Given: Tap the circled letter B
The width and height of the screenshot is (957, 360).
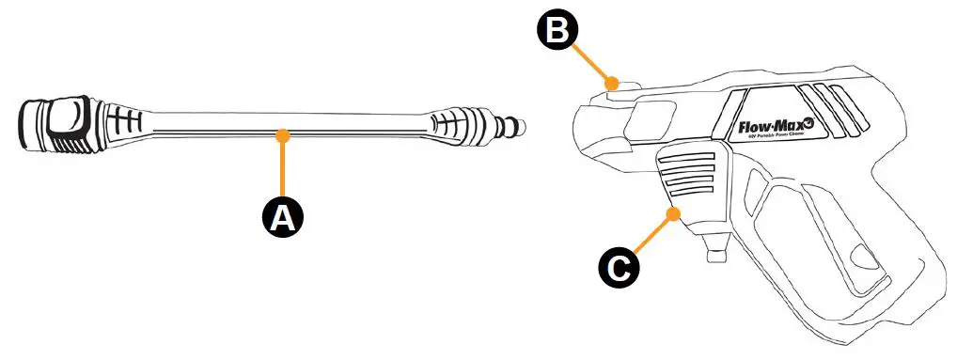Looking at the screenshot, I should coord(557,32).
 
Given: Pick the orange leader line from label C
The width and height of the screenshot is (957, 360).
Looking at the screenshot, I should coord(651,236).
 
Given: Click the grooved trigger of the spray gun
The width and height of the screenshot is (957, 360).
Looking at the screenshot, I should coord(690,178).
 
